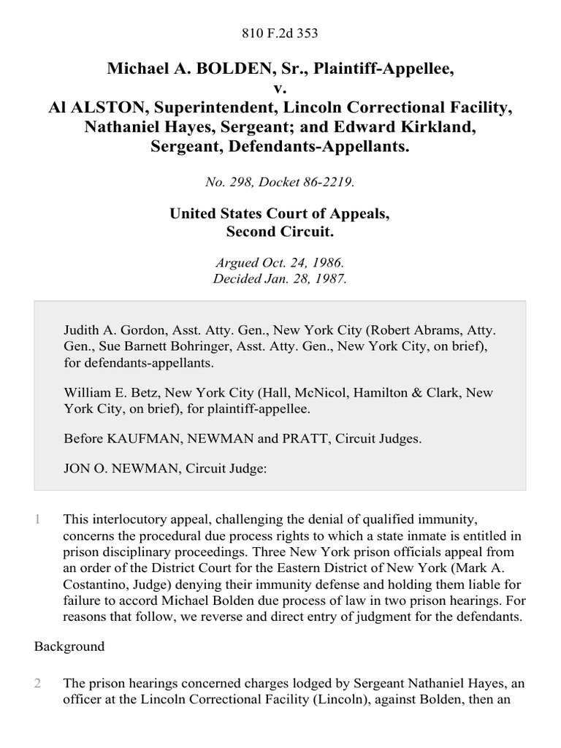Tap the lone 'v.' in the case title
click(x=280, y=88)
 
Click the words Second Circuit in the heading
click(x=280, y=232)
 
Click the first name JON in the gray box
click(x=75, y=471)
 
